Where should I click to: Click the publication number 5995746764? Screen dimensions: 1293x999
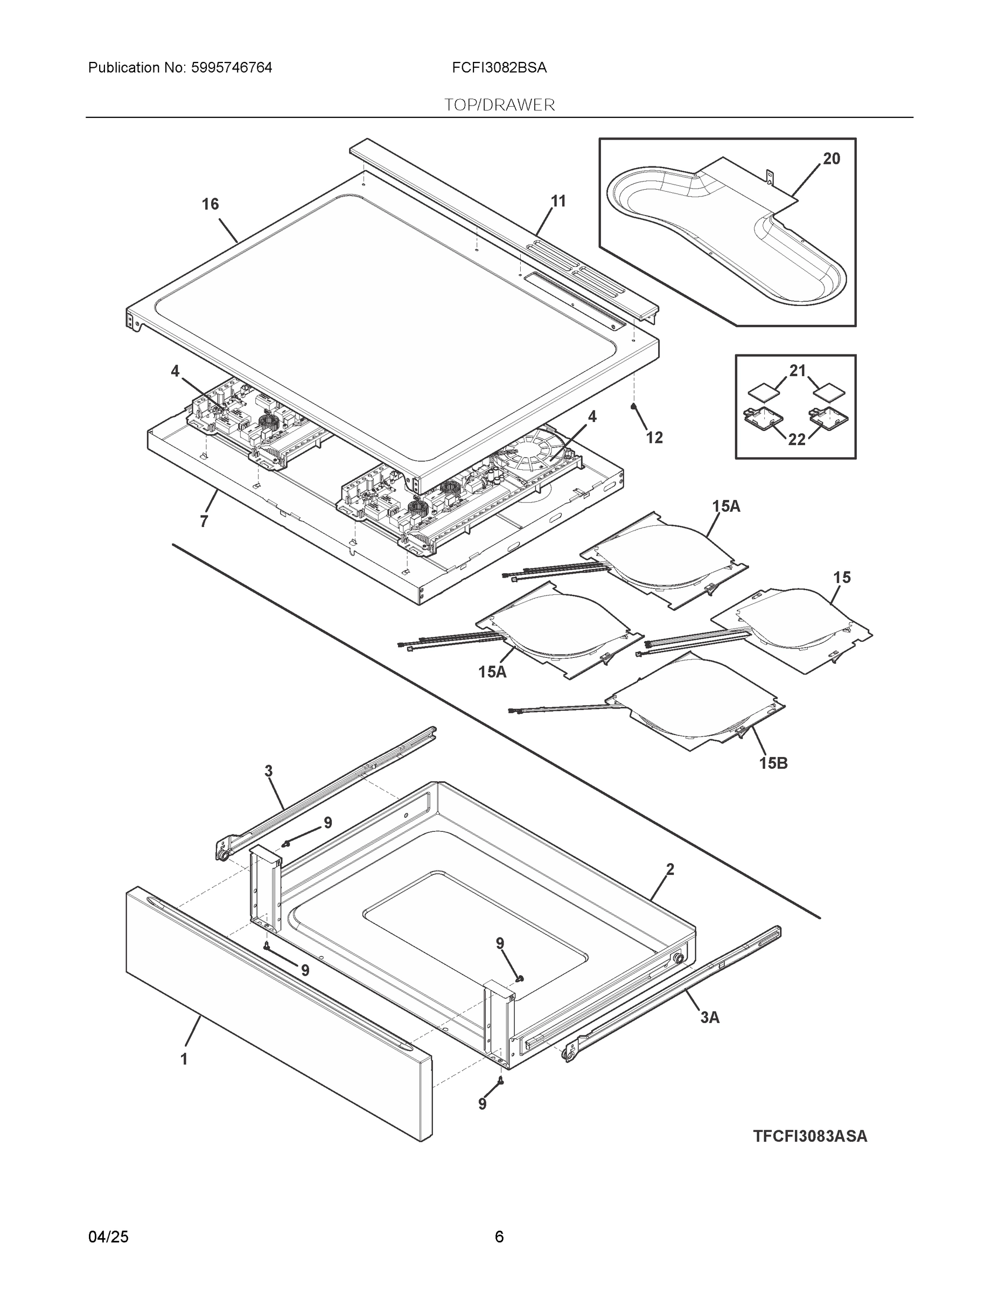pos(232,68)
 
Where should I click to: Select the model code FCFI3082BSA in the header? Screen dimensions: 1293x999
pos(499,68)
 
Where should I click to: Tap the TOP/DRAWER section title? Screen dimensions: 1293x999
pos(499,105)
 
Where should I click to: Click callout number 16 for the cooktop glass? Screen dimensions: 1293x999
pos(210,204)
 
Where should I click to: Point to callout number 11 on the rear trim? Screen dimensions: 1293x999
pos(558,201)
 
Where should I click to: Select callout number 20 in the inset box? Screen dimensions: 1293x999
pos(831,159)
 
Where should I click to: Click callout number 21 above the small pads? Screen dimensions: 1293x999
pos(798,371)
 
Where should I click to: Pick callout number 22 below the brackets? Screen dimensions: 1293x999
pos(797,439)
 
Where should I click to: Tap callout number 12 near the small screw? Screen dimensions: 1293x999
pos(654,437)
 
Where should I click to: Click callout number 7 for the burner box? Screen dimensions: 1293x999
pos(204,522)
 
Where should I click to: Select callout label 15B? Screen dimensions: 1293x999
pos(773,763)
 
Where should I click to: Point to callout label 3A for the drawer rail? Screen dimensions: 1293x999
pos(710,1017)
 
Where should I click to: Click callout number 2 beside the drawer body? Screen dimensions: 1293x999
pos(670,870)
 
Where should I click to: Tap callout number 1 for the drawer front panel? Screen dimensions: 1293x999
pos(184,1059)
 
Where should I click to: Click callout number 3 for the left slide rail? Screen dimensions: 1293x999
pos(268,771)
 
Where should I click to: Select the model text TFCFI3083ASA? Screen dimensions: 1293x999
pos(809,1136)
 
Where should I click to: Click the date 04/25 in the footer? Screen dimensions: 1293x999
pos(108,1237)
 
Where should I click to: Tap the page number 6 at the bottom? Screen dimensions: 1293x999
pos(499,1237)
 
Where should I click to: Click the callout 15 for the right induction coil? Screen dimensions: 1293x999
pos(842,577)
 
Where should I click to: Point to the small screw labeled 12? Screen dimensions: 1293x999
pos(634,406)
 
